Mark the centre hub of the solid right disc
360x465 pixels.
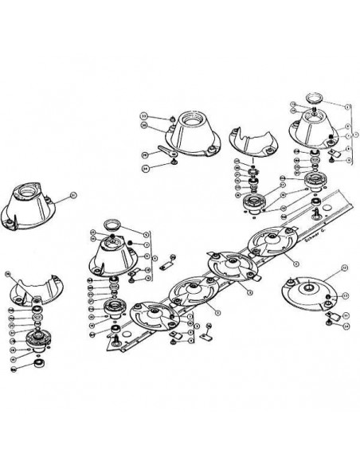click(307, 286)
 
